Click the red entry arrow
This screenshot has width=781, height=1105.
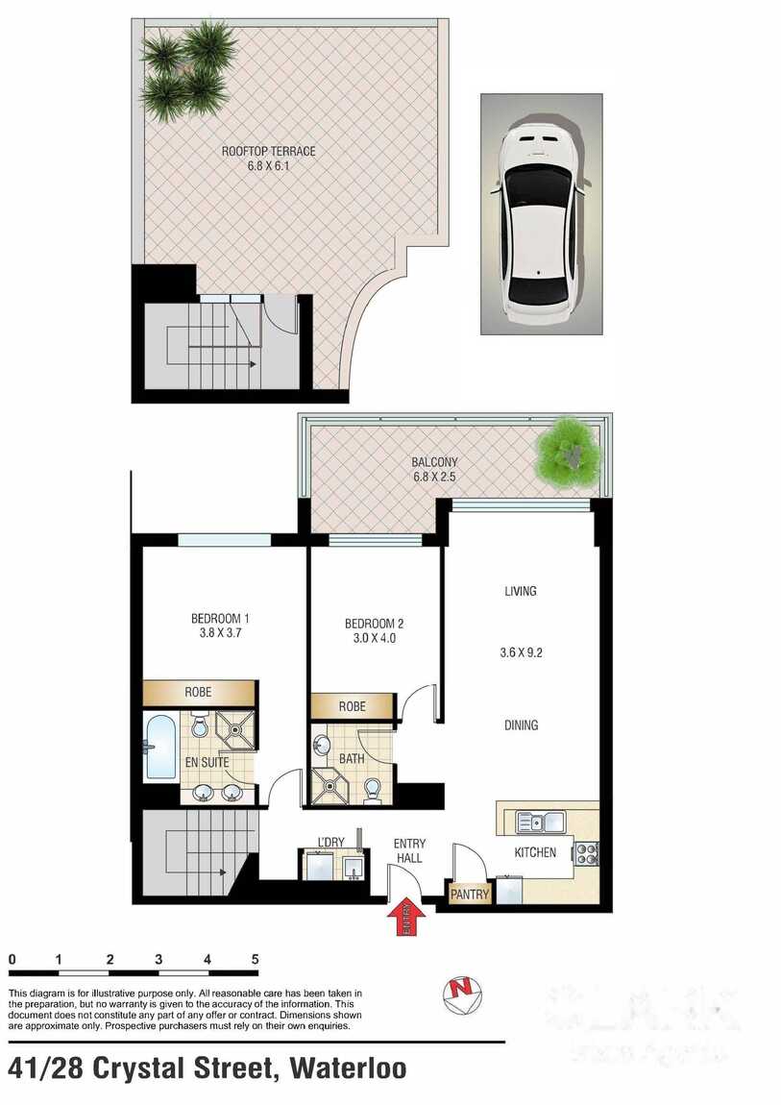click(x=404, y=916)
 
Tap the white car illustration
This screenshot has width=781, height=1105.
click(x=541, y=212)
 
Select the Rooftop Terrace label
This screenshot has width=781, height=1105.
click(x=268, y=151)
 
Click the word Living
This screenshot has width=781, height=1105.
click(x=521, y=591)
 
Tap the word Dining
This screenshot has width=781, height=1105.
click(x=521, y=725)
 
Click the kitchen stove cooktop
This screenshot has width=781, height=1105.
click(x=587, y=852)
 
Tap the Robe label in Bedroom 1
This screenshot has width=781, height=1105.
click(x=199, y=692)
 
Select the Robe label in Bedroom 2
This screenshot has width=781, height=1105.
click(x=352, y=706)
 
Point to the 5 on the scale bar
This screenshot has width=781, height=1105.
click(x=255, y=959)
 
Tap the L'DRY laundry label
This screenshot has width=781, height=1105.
click(x=330, y=843)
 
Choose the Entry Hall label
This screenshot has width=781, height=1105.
click(x=409, y=851)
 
